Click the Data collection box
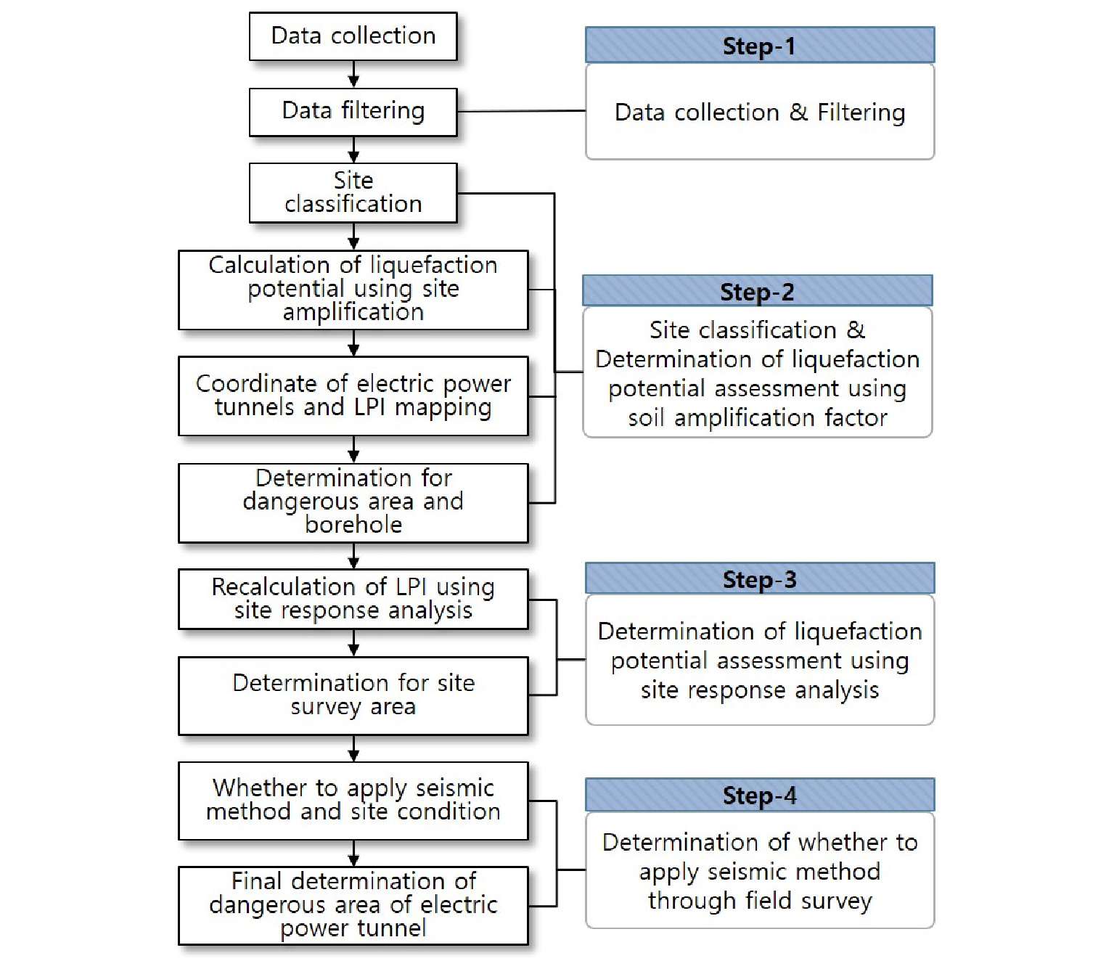point(353,36)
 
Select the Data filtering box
point(353,112)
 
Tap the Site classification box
point(353,192)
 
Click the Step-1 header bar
point(760,45)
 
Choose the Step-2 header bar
point(757,291)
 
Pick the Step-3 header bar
point(760,579)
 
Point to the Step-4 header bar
point(760,795)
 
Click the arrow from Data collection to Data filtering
point(353,74)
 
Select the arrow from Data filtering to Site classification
point(353,150)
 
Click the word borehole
point(353,525)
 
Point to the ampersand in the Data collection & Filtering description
point(798,112)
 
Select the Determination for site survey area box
point(353,696)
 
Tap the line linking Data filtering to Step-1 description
point(522,112)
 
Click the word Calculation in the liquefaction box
point(269,265)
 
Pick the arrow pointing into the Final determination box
point(353,853)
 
